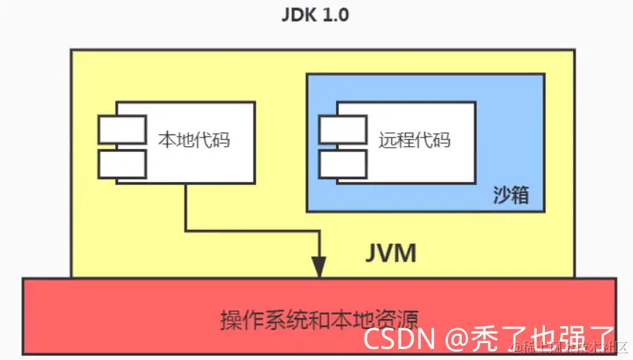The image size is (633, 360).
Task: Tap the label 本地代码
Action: [x=194, y=139]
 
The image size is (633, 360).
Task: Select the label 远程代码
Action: [x=415, y=139]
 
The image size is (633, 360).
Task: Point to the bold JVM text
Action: [x=391, y=253]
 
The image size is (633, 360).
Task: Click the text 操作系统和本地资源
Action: [x=319, y=320]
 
